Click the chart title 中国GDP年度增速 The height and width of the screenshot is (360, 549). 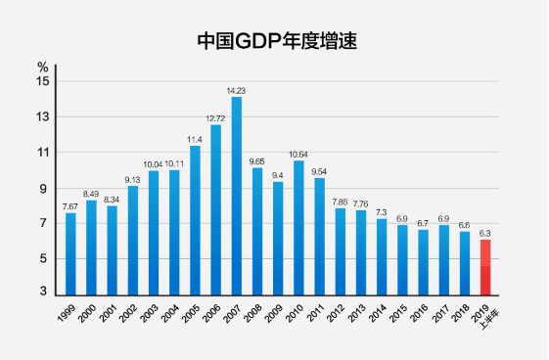273,41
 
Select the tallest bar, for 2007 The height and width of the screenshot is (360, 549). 236,196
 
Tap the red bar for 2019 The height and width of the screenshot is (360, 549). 485,267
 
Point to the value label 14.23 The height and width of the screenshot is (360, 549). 236,90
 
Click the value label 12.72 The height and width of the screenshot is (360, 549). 215,118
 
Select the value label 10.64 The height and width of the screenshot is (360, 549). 298,154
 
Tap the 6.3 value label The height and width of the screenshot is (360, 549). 485,233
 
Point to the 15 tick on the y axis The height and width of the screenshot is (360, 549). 43,81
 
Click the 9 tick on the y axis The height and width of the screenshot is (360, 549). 43,189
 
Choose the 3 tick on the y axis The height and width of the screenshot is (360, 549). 43,292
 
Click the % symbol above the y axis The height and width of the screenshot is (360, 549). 42,67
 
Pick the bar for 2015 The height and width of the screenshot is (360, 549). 402,260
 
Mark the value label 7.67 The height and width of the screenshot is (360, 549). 70,206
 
